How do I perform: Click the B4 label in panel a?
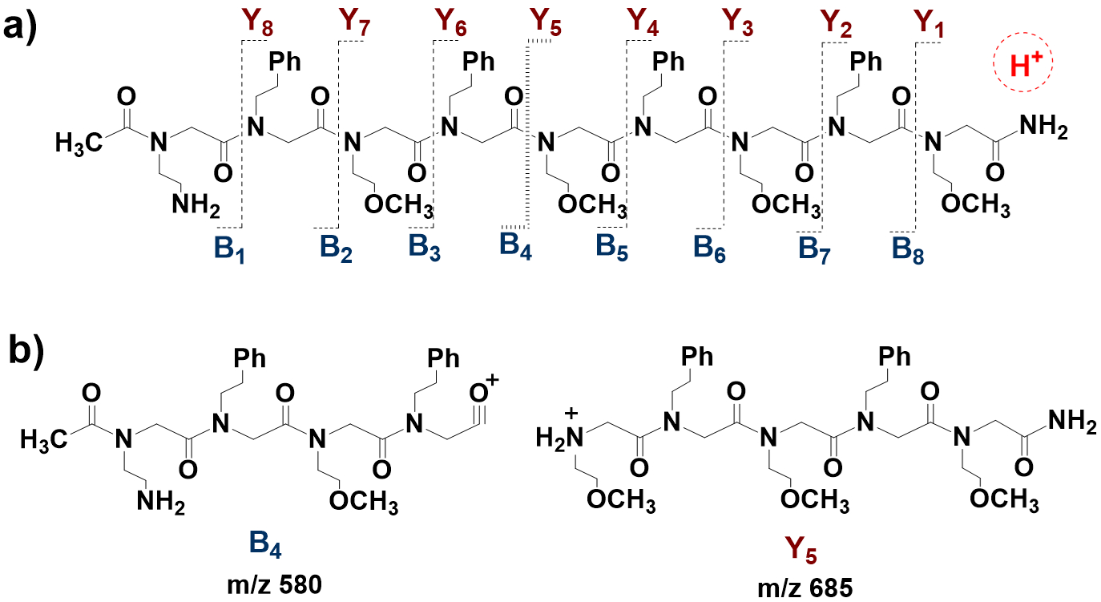coord(515,243)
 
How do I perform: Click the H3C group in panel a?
coord(79,144)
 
